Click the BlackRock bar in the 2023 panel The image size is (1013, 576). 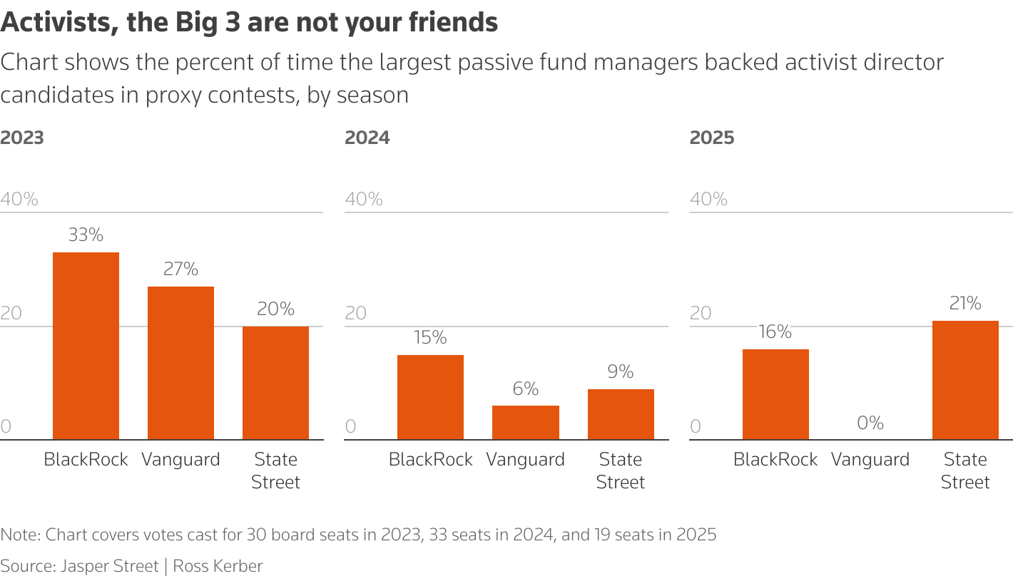coord(86,346)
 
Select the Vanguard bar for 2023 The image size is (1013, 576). coord(180,363)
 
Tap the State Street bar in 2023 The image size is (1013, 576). coord(275,383)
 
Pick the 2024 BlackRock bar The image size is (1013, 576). coord(430,397)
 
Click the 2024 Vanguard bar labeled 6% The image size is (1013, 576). coord(526,423)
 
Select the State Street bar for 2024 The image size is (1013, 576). coord(621,414)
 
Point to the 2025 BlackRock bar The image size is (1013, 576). coord(775,394)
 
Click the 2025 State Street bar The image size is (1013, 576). coord(965,380)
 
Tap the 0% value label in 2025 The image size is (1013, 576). coord(870,423)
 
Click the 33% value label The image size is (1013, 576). coord(86,235)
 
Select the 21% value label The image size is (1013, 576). coord(965,304)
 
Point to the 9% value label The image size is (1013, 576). coord(621,372)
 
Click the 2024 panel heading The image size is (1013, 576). coord(367,138)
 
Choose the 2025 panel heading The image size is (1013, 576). coord(712,138)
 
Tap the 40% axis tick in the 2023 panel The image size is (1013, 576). coord(19,199)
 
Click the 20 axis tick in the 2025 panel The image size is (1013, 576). coord(701,313)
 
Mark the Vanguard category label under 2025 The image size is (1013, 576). coord(870,460)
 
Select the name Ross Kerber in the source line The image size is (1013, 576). coord(219,567)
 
